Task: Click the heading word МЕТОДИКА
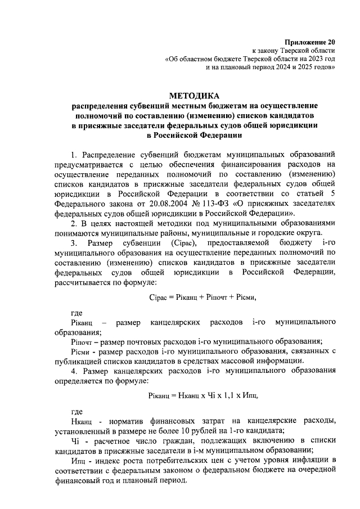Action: click(x=195, y=96)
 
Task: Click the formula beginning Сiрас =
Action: click(x=194, y=296)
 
